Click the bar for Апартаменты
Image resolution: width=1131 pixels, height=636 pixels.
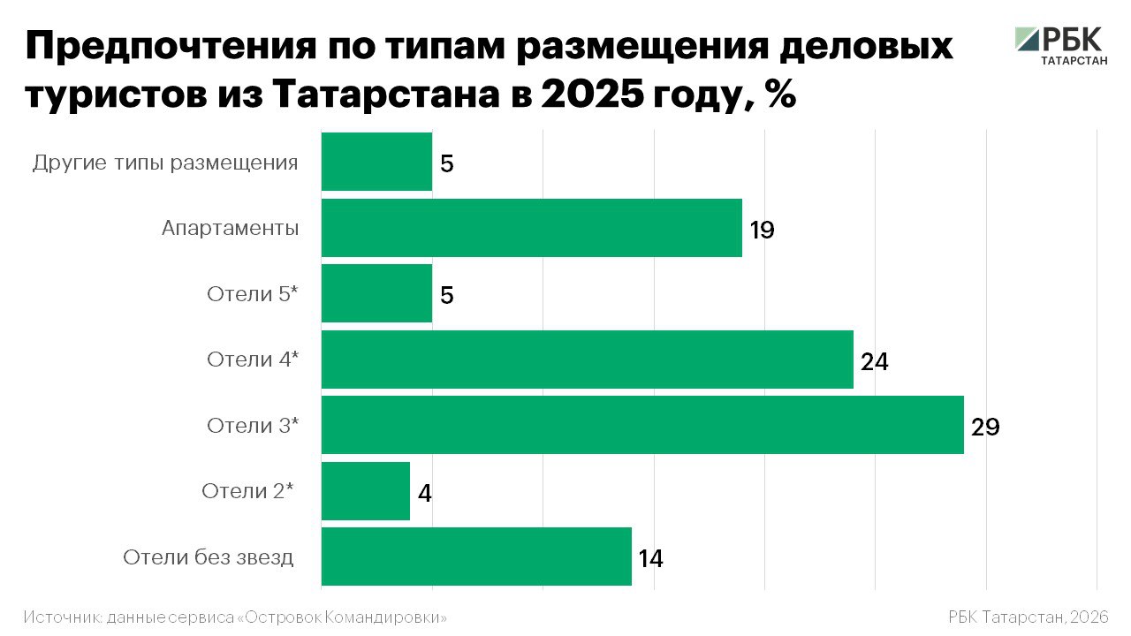tap(531, 228)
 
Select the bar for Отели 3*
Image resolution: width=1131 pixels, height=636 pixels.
tap(642, 425)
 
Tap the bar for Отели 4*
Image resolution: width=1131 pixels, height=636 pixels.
tap(587, 360)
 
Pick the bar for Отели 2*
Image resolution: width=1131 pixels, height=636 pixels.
tap(365, 491)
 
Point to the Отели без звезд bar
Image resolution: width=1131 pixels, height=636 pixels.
tap(476, 556)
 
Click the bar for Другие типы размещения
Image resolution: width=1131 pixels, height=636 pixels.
tap(376, 162)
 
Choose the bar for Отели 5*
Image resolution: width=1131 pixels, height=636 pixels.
tap(376, 293)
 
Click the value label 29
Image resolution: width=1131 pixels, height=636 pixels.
tap(984, 428)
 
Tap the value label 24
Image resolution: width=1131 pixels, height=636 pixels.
tap(874, 362)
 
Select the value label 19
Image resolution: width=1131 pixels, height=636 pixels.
tap(762, 231)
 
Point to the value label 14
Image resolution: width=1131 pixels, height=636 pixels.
tap(650, 559)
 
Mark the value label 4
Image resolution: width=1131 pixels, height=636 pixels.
tap(425, 494)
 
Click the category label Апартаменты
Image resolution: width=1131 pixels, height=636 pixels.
tap(230, 229)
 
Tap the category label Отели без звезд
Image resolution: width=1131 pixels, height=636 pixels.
tap(209, 557)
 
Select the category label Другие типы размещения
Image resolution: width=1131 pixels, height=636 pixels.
tap(165, 163)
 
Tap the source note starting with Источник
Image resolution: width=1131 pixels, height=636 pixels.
tap(235, 617)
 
